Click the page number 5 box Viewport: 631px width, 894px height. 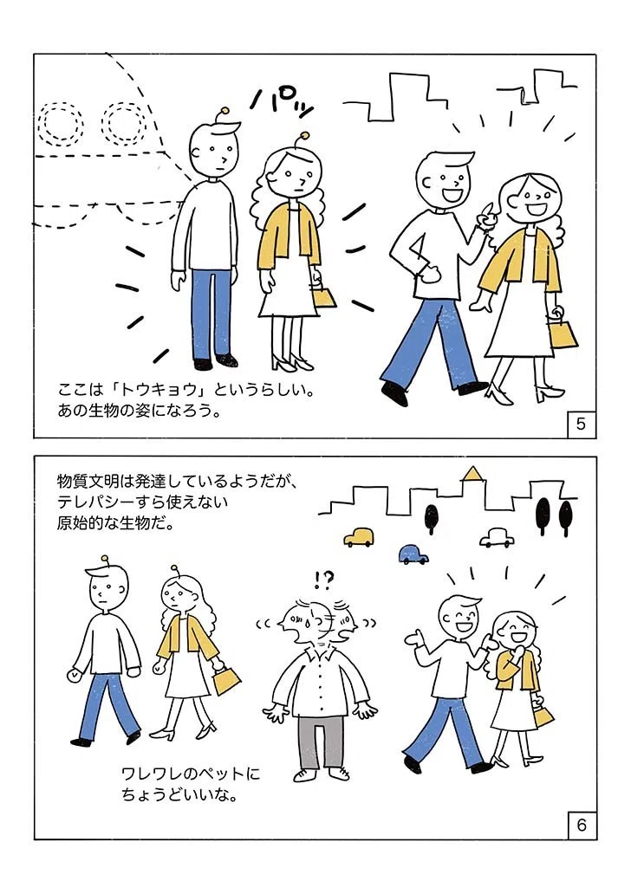[581, 424]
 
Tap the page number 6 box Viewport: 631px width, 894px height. [582, 825]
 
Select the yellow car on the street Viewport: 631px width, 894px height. [359, 536]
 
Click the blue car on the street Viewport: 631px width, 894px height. [413, 554]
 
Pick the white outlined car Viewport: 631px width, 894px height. [497, 537]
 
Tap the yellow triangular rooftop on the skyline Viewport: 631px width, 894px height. [472, 473]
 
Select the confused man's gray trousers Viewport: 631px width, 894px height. [322, 742]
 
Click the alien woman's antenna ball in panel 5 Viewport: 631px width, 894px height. [304, 136]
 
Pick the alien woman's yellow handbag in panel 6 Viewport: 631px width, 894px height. [226, 678]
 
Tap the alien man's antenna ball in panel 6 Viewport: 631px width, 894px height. [104, 558]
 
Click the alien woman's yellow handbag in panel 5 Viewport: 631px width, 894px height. [323, 296]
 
